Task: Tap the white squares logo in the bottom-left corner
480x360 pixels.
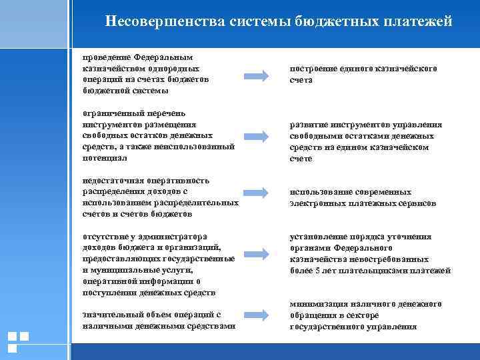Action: tap(18, 341)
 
